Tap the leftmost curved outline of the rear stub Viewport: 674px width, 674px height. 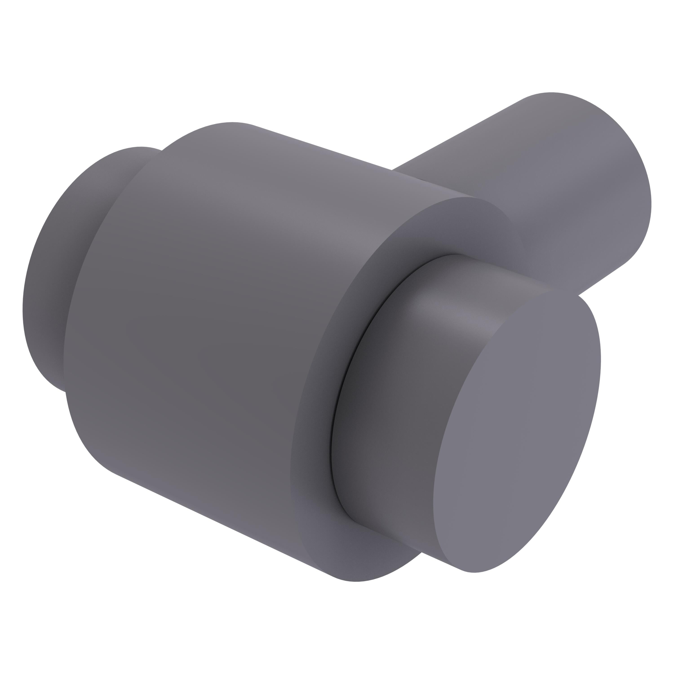tap(23, 307)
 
